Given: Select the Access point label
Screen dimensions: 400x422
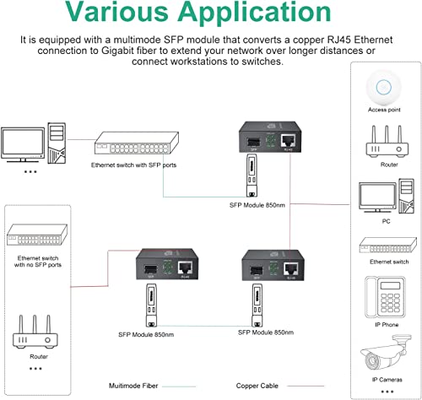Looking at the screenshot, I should [383, 109].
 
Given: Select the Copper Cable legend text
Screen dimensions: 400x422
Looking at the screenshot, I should [257, 385].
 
